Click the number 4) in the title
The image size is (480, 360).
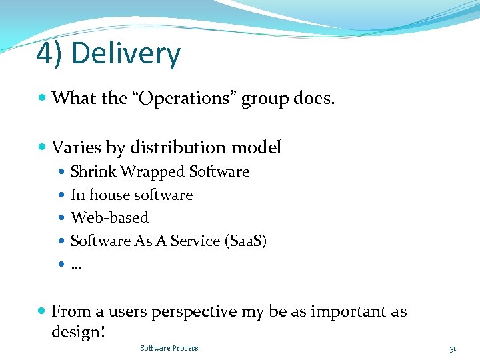[50, 55]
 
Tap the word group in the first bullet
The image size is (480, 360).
[264, 99]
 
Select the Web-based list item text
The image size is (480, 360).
[109, 218]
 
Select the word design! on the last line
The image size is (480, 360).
[78, 332]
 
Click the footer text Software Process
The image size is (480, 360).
[169, 348]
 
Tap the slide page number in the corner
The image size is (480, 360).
[453, 349]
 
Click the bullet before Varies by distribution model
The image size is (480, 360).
[43, 147]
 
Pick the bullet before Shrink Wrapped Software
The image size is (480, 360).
[63, 172]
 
